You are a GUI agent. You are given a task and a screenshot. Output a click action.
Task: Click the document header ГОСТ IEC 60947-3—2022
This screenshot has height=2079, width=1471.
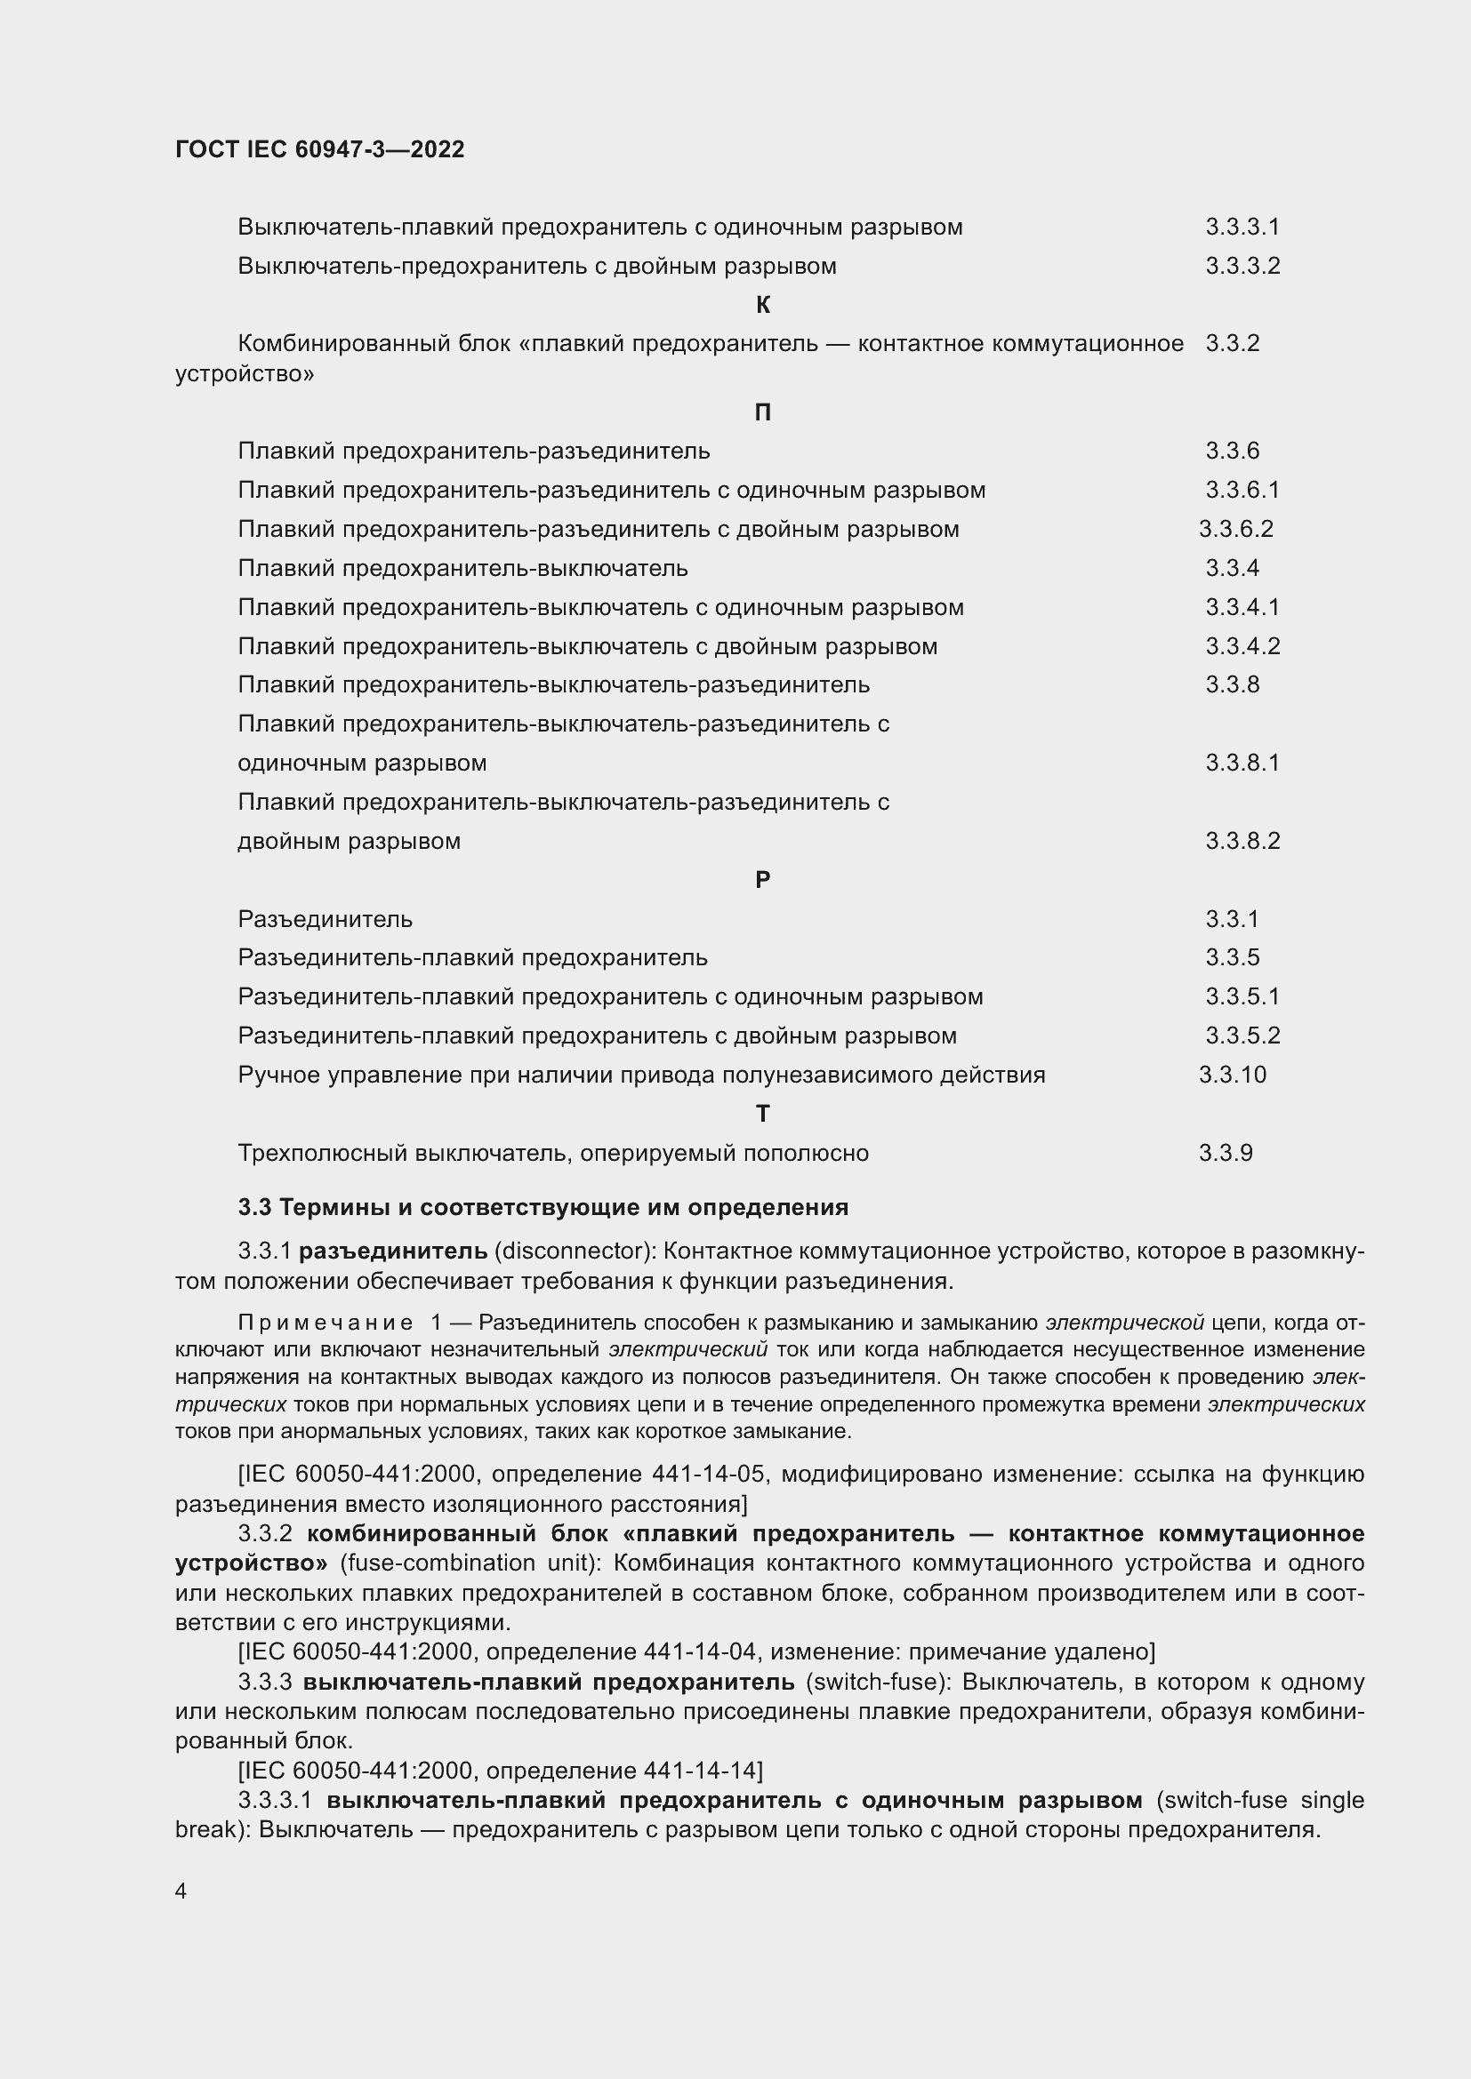tap(320, 149)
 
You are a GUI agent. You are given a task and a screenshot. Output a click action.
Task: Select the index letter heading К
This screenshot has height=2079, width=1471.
tap(763, 305)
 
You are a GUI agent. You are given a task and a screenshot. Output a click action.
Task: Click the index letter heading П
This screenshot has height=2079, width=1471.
tap(763, 413)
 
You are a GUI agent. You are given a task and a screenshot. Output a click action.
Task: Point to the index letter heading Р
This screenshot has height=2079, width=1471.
tap(763, 880)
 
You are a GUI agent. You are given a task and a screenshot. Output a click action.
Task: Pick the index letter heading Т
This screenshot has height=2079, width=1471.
tap(763, 1114)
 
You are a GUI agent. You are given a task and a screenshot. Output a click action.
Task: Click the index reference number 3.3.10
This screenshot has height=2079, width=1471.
tap(1232, 1075)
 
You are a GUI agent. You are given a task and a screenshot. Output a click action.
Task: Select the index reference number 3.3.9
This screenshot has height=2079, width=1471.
tap(1226, 1153)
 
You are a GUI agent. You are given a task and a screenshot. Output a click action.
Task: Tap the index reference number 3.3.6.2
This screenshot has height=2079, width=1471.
tap(1235, 529)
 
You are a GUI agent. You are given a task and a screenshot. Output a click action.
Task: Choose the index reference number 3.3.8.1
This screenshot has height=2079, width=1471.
tap(1242, 763)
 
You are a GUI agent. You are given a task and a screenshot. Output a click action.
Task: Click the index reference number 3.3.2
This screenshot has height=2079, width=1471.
tap(1232, 343)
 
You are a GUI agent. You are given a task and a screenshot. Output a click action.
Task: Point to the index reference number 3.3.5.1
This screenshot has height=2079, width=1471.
tap(1242, 996)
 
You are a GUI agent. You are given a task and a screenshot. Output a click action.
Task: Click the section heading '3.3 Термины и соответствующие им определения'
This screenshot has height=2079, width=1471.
tap(543, 1207)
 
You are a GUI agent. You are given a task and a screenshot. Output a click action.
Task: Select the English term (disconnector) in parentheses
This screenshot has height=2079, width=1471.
tap(575, 1251)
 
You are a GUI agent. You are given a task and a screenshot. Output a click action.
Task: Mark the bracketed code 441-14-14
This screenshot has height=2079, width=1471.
tap(702, 1771)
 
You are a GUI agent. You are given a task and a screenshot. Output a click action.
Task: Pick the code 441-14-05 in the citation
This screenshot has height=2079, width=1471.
tap(708, 1474)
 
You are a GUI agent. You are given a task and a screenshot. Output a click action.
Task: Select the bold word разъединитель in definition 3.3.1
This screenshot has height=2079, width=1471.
tap(393, 1251)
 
